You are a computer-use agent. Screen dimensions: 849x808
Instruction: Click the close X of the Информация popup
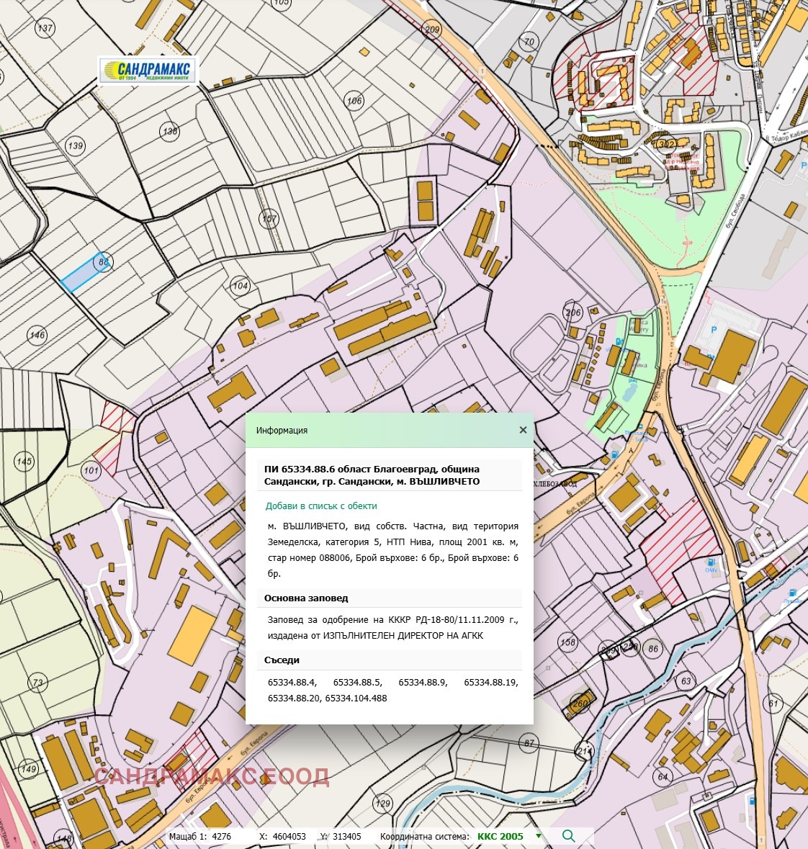tap(523, 430)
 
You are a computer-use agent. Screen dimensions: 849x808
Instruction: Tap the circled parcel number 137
tap(45, 29)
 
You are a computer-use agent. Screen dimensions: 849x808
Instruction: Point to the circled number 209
tap(432, 30)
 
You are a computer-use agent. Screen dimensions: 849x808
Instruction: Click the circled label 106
tap(354, 101)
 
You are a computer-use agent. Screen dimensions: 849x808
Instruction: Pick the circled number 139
tap(75, 145)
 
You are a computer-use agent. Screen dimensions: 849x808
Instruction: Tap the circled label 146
tap(37, 335)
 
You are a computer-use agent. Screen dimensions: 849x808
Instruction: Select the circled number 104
tap(240, 286)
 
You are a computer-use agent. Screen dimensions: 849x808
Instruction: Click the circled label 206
tap(573, 313)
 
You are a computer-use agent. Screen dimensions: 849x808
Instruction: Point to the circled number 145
tap(24, 462)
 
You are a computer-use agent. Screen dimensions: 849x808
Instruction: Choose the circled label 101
tap(91, 471)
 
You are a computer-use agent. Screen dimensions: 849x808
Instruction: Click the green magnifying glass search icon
tap(568, 836)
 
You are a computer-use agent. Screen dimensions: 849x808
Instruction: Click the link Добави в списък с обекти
tap(321, 506)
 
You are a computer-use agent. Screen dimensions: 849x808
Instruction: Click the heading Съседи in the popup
tap(282, 660)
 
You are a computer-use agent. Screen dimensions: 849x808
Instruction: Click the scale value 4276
tap(222, 837)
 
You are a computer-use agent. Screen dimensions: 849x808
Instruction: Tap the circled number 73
tap(37, 683)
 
